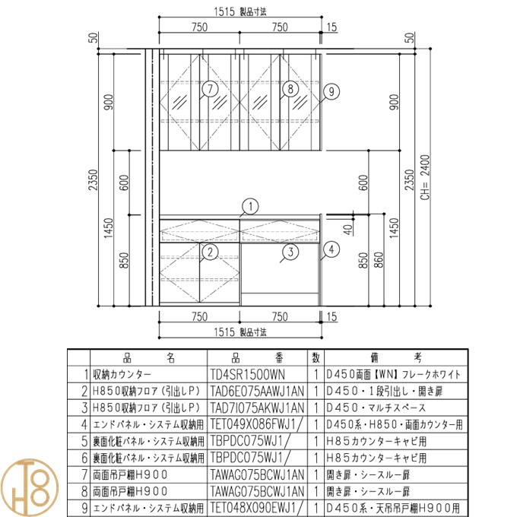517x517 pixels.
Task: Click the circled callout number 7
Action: click(x=210, y=89)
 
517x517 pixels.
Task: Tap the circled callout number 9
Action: click(x=331, y=92)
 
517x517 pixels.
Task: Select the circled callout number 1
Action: click(x=250, y=207)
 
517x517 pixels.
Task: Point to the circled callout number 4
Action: click(x=331, y=249)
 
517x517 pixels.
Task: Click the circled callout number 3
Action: click(x=290, y=252)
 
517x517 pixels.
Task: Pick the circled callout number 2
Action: click(x=210, y=252)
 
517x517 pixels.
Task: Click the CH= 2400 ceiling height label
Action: click(x=425, y=177)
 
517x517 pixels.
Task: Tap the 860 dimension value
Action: click(x=379, y=260)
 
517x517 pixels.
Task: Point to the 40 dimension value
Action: click(x=348, y=230)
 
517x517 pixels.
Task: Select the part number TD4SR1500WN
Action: click(x=247, y=375)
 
